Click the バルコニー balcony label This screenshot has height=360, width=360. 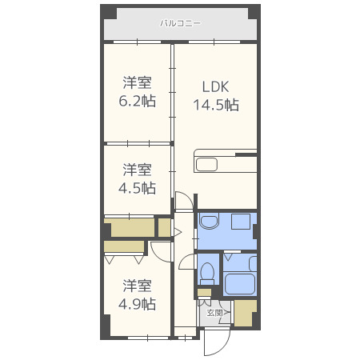pyautogui.click(x=180, y=24)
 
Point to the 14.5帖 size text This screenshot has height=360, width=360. pyautogui.click(x=215, y=105)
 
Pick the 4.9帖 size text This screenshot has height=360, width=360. pyautogui.click(x=138, y=304)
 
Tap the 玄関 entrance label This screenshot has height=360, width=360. pyautogui.click(x=214, y=312)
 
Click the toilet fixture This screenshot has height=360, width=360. pyautogui.click(x=207, y=273)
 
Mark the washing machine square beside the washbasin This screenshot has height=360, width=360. pyautogui.click(x=238, y=222)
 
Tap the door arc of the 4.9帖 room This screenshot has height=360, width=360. pyautogui.click(x=162, y=249)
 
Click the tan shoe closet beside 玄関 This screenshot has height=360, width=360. pyautogui.click(x=245, y=312)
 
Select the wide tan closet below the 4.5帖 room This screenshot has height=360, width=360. pyautogui.click(x=130, y=228)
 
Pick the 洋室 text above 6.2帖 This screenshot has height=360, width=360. pyautogui.click(x=138, y=82)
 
